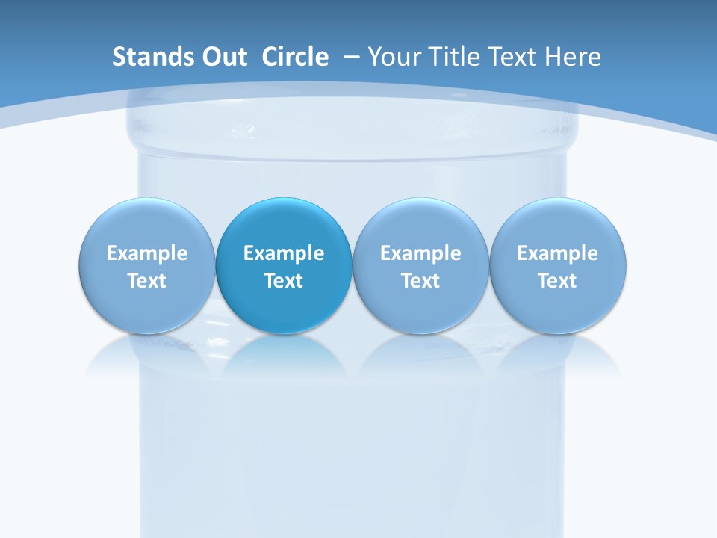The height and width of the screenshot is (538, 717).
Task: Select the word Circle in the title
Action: tap(295, 57)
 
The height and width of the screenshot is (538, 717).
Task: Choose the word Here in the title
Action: tap(574, 57)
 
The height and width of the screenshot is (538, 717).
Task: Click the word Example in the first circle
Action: tap(146, 253)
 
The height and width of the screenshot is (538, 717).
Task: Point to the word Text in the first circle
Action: tap(146, 281)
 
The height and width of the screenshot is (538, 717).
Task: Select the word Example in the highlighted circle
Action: tap(284, 253)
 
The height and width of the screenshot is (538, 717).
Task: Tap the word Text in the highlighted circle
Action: tap(284, 281)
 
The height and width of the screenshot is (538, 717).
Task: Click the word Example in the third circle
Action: tap(420, 253)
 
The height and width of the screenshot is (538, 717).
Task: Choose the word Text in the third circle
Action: tap(420, 281)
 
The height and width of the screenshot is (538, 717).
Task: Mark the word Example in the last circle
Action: tap(558, 253)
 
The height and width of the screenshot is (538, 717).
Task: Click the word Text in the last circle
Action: tap(558, 281)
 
